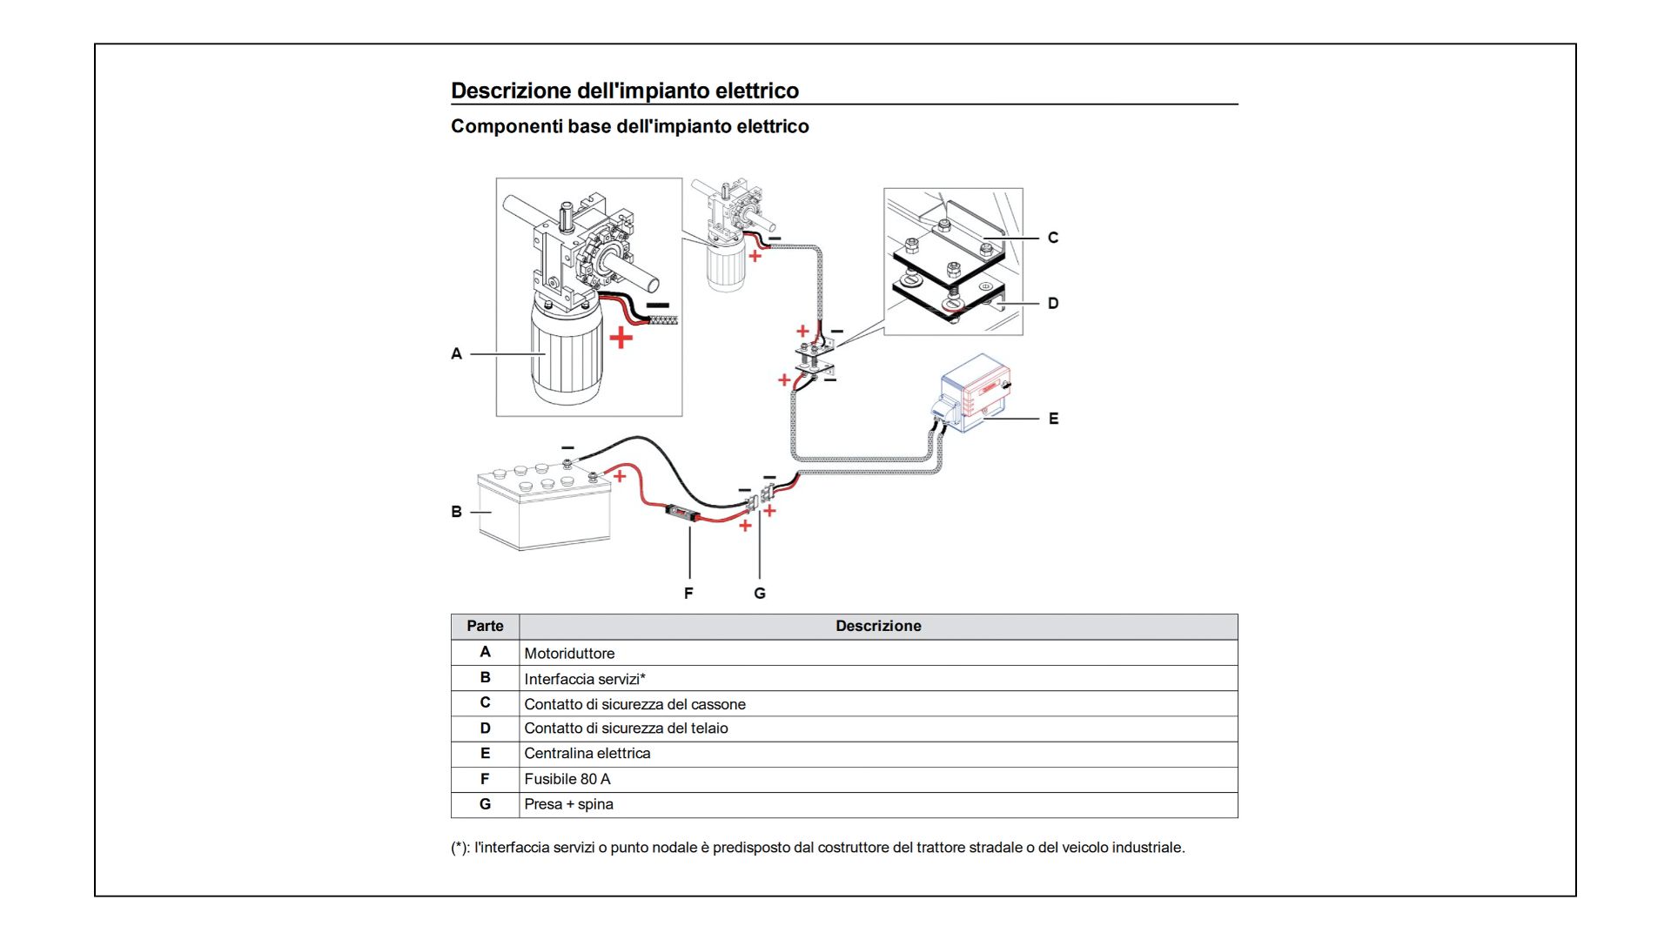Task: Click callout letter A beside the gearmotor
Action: [456, 353]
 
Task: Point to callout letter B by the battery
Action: [456, 512]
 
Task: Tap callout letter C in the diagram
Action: [1053, 238]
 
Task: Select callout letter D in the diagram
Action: [1053, 304]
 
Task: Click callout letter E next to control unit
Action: [1053, 419]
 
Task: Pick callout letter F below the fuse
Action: [688, 593]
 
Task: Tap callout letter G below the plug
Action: [760, 593]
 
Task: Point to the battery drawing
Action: [544, 507]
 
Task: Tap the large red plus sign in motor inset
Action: [621, 337]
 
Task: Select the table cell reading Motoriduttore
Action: [569, 654]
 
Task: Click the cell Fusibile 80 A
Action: [567, 779]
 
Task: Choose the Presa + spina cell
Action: [568, 804]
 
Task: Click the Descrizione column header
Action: [878, 626]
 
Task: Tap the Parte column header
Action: [485, 626]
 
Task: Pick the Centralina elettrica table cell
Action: [587, 754]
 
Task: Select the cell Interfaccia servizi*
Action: [585, 679]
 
